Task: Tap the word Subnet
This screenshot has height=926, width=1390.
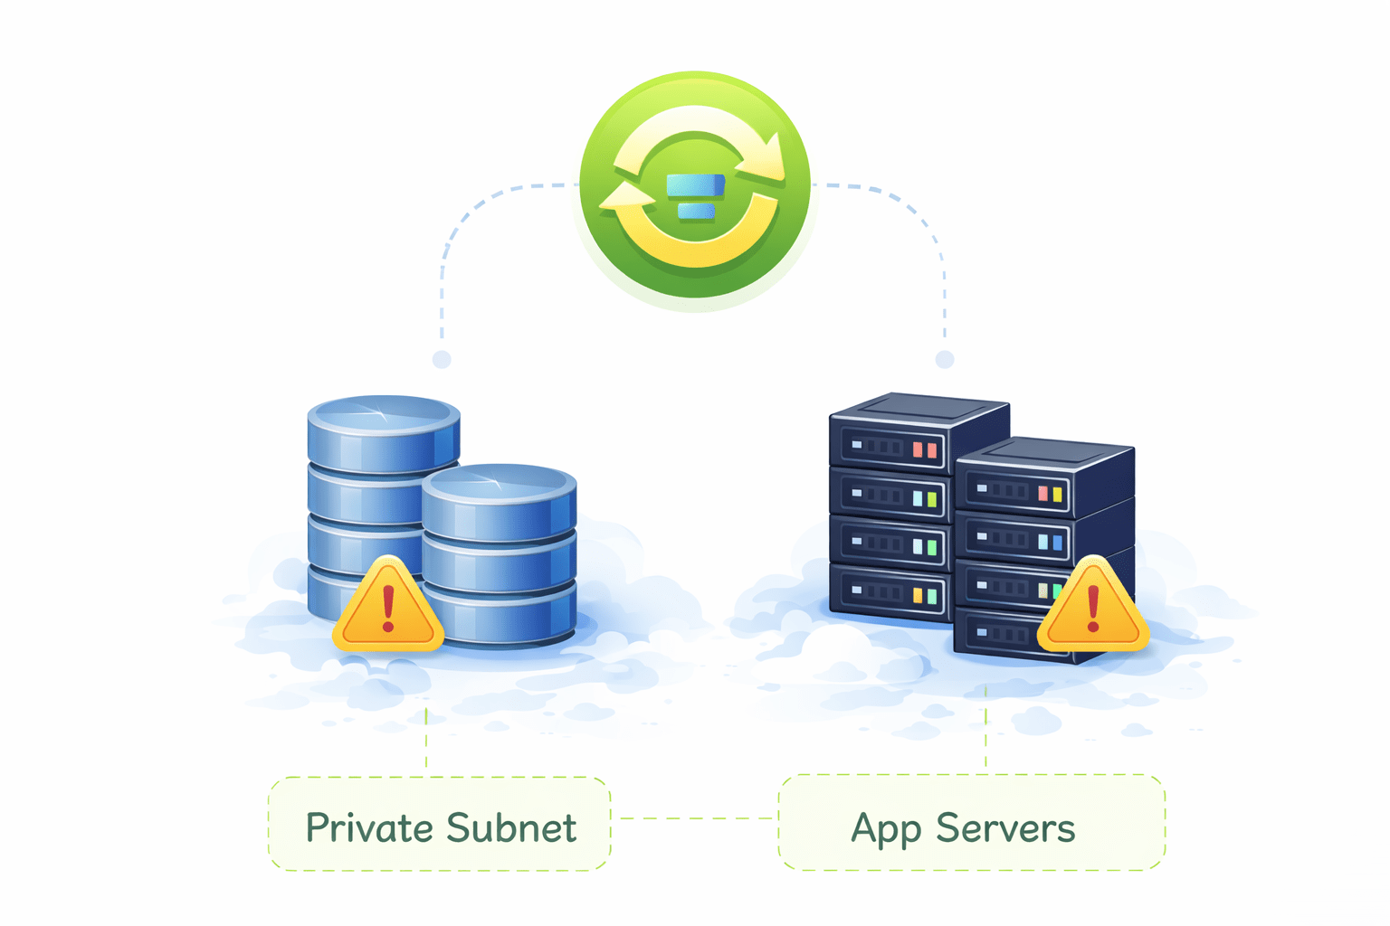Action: tap(511, 827)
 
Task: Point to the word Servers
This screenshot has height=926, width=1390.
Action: tap(1005, 828)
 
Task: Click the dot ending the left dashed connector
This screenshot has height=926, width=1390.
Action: tap(442, 359)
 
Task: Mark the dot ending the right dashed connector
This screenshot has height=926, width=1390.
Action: tap(945, 359)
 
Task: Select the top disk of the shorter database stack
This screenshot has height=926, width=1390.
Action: tap(499, 484)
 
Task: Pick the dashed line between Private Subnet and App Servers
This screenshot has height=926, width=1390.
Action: tap(694, 818)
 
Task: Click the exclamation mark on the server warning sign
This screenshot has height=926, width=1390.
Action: tap(1093, 607)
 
